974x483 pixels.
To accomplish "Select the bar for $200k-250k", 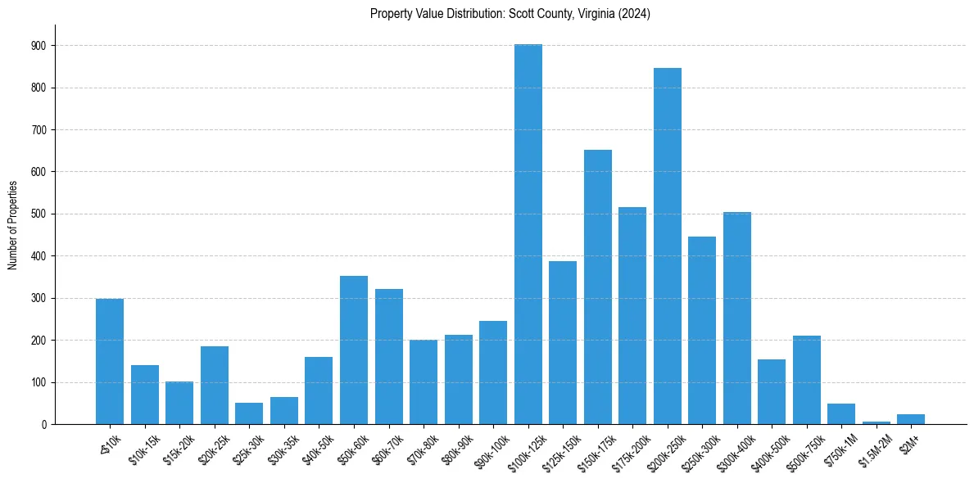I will pyautogui.click(x=667, y=246).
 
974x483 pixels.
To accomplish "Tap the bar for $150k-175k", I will pyautogui.click(x=597, y=287).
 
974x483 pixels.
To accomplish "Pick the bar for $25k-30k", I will pyautogui.click(x=249, y=413).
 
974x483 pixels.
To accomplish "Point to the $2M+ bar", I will pyautogui.click(x=910, y=419).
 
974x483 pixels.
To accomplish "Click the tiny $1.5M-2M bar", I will pyautogui.click(x=876, y=422).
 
